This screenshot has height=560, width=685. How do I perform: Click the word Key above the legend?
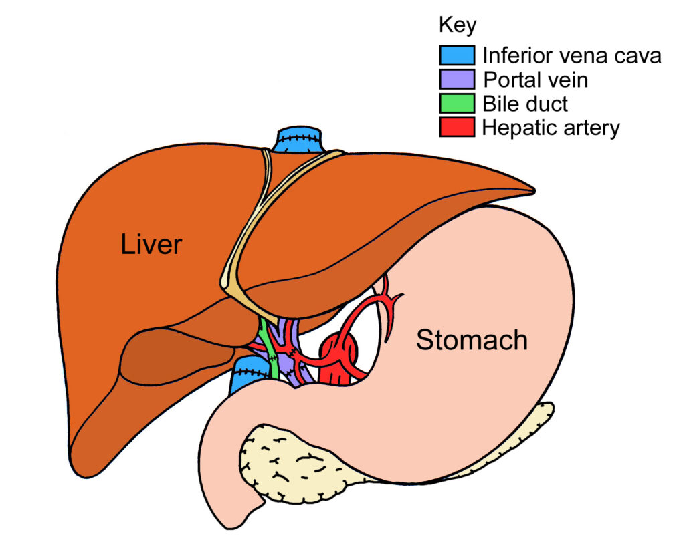point(458,26)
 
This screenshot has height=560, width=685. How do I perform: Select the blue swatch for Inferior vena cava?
point(457,55)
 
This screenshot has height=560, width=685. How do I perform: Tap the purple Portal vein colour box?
point(457,79)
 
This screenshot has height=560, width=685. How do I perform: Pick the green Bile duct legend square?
point(457,103)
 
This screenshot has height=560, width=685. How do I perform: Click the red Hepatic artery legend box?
point(457,127)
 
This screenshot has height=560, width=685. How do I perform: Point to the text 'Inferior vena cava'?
point(572,55)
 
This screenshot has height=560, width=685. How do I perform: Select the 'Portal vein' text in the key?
point(536,80)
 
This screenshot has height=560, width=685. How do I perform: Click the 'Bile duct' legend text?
point(526,104)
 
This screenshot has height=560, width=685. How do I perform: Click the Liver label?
point(151,245)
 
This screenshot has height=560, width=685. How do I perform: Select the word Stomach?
point(472,340)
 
